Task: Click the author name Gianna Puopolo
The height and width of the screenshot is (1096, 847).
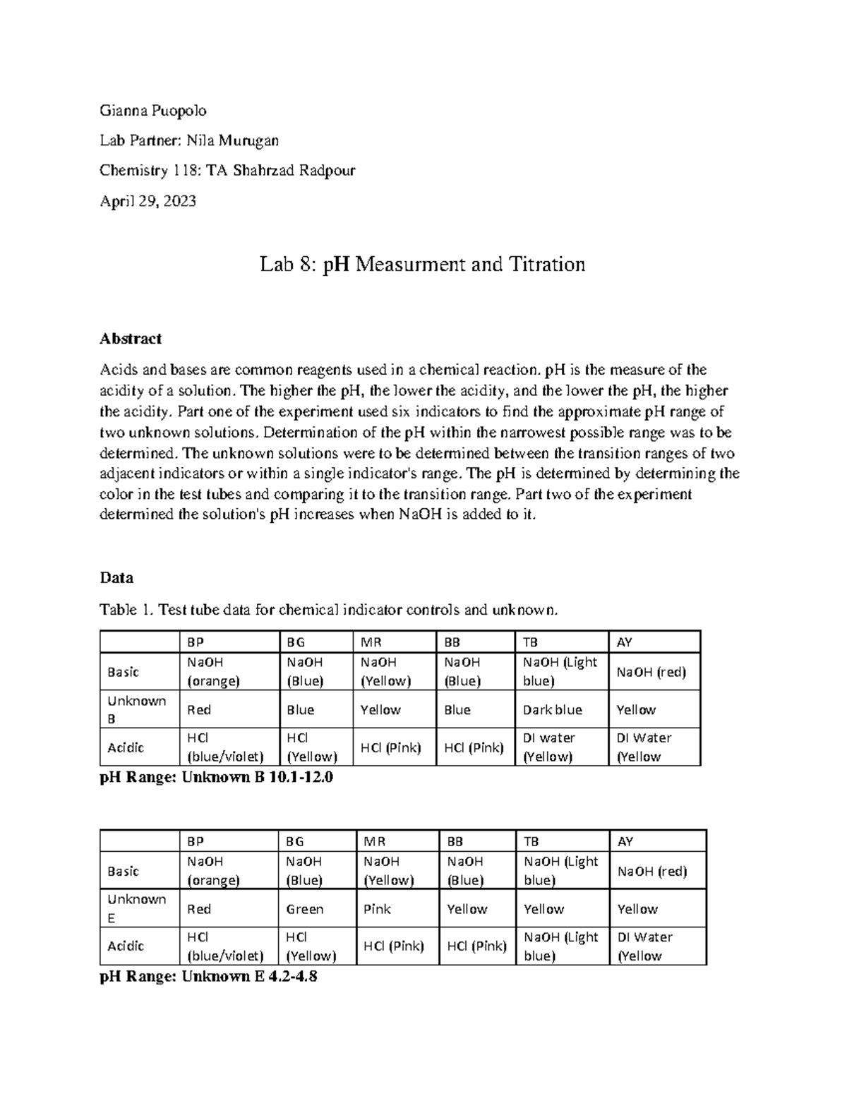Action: tap(152, 111)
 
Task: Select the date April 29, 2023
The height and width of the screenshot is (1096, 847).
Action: tap(148, 201)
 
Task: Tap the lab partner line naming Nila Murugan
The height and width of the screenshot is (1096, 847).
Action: tap(188, 141)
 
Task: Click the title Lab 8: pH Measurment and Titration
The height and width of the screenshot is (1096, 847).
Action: tap(422, 265)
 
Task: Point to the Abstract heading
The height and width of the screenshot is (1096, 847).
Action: tap(131, 339)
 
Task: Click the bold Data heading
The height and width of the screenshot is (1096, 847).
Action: tap(116, 578)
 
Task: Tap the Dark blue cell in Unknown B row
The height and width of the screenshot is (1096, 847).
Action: tap(553, 710)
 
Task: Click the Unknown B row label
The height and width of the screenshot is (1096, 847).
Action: tap(136, 709)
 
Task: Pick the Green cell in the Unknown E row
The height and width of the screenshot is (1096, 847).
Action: tap(305, 909)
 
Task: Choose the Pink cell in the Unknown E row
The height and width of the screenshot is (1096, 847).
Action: tap(377, 909)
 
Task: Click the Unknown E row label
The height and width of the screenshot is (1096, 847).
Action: tap(136, 908)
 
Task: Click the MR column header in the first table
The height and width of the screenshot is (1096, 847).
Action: tap(371, 642)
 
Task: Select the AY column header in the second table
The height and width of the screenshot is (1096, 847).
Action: tap(625, 841)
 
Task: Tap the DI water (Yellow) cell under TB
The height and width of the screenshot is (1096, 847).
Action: tap(549, 747)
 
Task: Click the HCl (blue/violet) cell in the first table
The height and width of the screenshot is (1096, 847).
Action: tap(224, 747)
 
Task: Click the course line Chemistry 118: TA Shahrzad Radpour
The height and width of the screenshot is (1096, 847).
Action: tap(227, 171)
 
